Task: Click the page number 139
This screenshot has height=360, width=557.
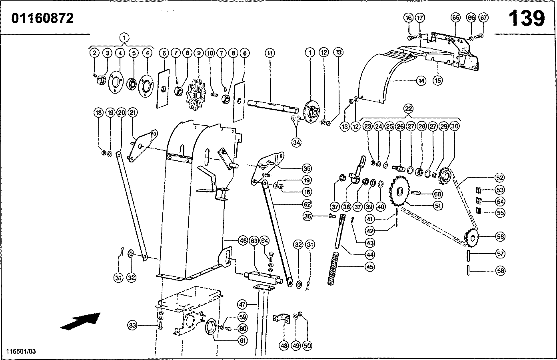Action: tap(527, 18)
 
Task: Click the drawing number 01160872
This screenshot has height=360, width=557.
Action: tap(42, 18)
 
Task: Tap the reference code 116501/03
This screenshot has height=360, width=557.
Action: tap(21, 351)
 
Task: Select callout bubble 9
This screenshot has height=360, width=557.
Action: tap(198, 53)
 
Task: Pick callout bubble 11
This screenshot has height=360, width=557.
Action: tap(270, 53)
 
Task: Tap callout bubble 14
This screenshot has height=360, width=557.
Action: tap(421, 80)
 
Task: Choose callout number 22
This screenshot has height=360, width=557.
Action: tap(408, 108)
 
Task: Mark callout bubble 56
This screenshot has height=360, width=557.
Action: tap(500, 237)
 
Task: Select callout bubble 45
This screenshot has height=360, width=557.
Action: tap(370, 267)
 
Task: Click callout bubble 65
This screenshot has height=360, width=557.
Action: tap(456, 18)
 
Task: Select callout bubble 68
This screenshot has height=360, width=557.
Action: tap(437, 194)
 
